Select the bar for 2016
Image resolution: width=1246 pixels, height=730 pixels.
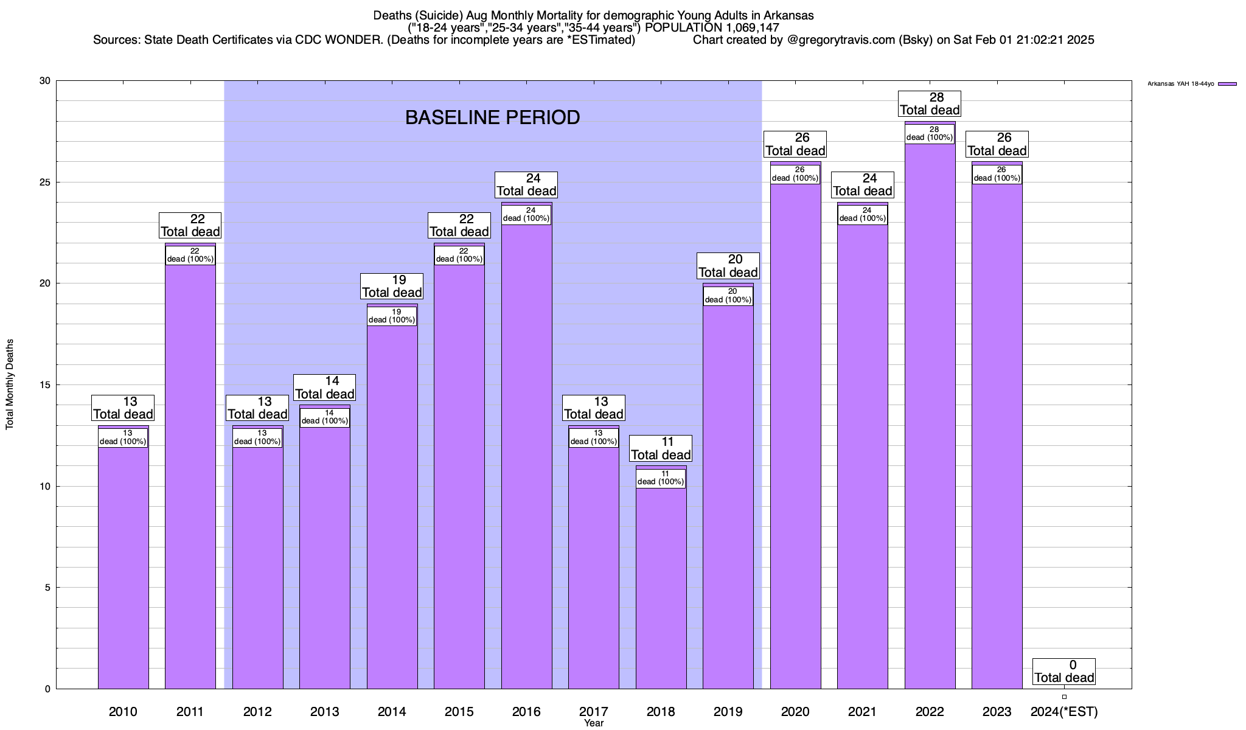pos(526,456)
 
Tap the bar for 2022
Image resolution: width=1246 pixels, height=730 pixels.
pos(930,414)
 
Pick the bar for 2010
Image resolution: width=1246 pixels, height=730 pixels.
pos(123,566)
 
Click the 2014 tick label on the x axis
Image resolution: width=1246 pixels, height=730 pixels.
pos(392,711)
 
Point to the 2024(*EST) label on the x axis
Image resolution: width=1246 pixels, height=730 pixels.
pos(1064,711)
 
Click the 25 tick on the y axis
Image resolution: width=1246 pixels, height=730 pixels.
pos(45,182)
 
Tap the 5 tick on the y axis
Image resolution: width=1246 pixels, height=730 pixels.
pos(47,588)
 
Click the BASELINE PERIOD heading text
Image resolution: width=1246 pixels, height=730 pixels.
pos(492,117)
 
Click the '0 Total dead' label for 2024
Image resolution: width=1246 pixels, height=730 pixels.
pos(1064,672)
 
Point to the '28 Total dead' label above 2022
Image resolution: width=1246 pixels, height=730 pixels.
pos(930,104)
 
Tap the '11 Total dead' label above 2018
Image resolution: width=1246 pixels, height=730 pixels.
pos(661,449)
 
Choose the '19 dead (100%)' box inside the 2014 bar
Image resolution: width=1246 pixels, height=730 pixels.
pos(392,316)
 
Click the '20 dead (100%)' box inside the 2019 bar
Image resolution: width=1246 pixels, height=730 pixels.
pos(728,296)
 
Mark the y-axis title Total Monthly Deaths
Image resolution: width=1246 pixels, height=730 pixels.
pos(10,384)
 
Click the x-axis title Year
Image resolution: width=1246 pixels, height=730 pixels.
pos(593,723)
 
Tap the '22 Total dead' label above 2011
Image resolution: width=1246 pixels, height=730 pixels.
pos(190,226)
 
